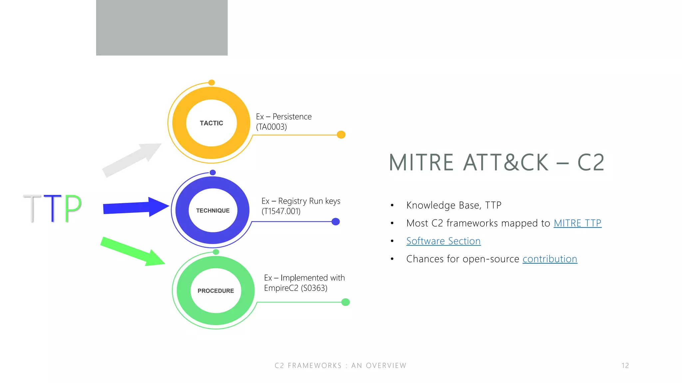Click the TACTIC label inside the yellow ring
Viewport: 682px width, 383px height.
point(211,123)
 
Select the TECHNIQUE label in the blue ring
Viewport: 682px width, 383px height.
point(213,210)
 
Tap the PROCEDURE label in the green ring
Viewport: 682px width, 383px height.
point(216,291)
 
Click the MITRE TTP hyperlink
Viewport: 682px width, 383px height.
point(577,223)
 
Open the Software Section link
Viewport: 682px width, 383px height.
point(443,241)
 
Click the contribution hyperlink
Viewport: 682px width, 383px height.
point(550,259)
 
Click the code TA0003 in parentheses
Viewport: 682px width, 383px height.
point(271,127)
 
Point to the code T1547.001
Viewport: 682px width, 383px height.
point(281,211)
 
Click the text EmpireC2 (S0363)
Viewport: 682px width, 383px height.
point(296,288)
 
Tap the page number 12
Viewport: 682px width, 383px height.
point(625,365)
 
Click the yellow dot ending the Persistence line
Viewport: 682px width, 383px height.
point(341,135)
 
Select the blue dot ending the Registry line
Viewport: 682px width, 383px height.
point(336,222)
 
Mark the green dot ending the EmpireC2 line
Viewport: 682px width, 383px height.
point(346,302)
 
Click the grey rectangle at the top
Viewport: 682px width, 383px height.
point(162,28)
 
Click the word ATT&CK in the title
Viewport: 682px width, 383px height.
point(506,163)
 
